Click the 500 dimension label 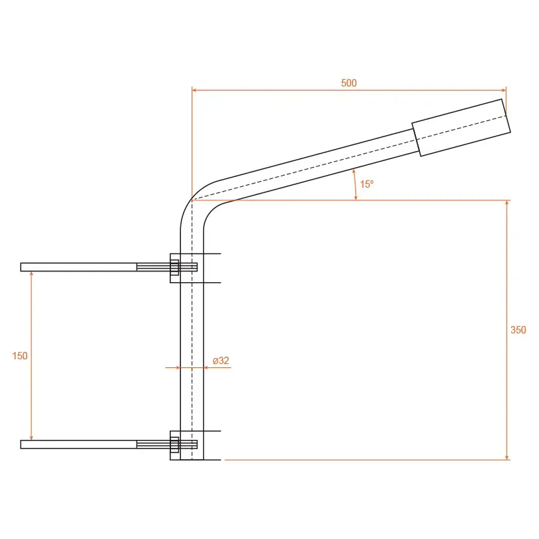[349, 83]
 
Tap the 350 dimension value [518, 330]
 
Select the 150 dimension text [19, 356]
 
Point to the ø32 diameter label [221, 360]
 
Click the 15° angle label [367, 184]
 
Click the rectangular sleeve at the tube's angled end [461, 128]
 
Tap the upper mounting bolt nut [174, 267]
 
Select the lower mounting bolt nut [174, 445]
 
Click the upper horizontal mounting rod [79, 267]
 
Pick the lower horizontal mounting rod [79, 445]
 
